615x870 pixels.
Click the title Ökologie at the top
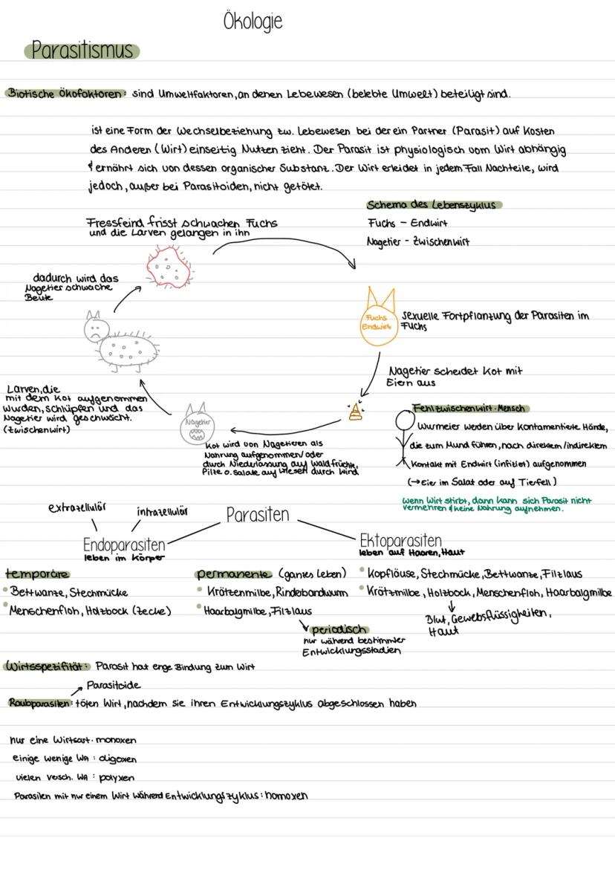click(253, 21)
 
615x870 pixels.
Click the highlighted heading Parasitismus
click(82, 50)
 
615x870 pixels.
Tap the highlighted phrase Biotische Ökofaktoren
click(66, 94)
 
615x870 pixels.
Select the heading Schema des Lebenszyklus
click(431, 205)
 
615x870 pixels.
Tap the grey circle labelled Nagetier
click(195, 426)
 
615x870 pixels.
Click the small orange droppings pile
click(356, 412)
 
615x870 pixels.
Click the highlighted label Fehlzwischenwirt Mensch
click(469, 408)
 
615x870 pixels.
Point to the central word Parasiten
click(258, 515)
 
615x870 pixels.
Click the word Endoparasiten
click(123, 545)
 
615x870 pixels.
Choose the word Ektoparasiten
click(400, 540)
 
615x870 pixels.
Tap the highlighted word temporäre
click(36, 574)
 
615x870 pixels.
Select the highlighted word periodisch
click(339, 629)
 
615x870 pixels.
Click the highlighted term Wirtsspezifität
click(47, 666)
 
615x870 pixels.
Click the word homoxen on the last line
click(287, 796)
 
